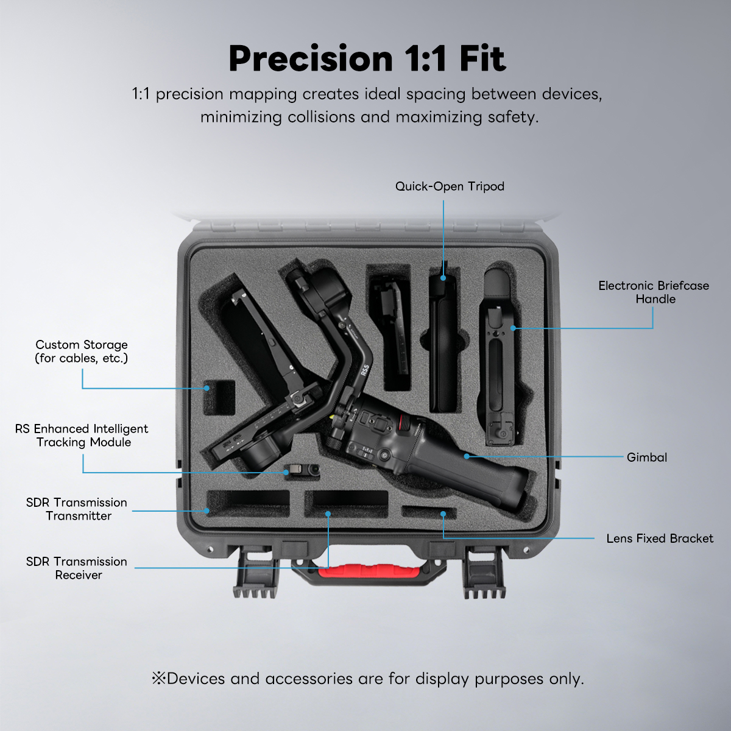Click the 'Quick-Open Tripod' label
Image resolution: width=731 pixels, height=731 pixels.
450,186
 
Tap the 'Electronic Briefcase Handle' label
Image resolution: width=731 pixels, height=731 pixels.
654,292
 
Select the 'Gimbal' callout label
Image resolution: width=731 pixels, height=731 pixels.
647,457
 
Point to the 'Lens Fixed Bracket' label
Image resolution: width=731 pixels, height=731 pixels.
660,539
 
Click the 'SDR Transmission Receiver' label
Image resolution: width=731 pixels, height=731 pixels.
77,568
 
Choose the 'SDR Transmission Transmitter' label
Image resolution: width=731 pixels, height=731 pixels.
77,509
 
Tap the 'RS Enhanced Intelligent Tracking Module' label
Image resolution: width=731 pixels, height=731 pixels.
82,435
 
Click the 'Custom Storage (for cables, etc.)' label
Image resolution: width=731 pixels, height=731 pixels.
82,351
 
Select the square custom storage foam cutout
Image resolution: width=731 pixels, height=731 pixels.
220,397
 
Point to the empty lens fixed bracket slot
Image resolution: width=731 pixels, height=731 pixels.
429,512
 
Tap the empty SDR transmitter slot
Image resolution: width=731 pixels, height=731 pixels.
248,503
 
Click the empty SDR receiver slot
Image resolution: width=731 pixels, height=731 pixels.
347,504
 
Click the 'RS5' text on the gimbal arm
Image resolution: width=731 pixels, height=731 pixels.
365,370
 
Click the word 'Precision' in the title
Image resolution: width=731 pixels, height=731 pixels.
311,59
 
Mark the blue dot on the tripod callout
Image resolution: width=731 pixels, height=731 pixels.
443,278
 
